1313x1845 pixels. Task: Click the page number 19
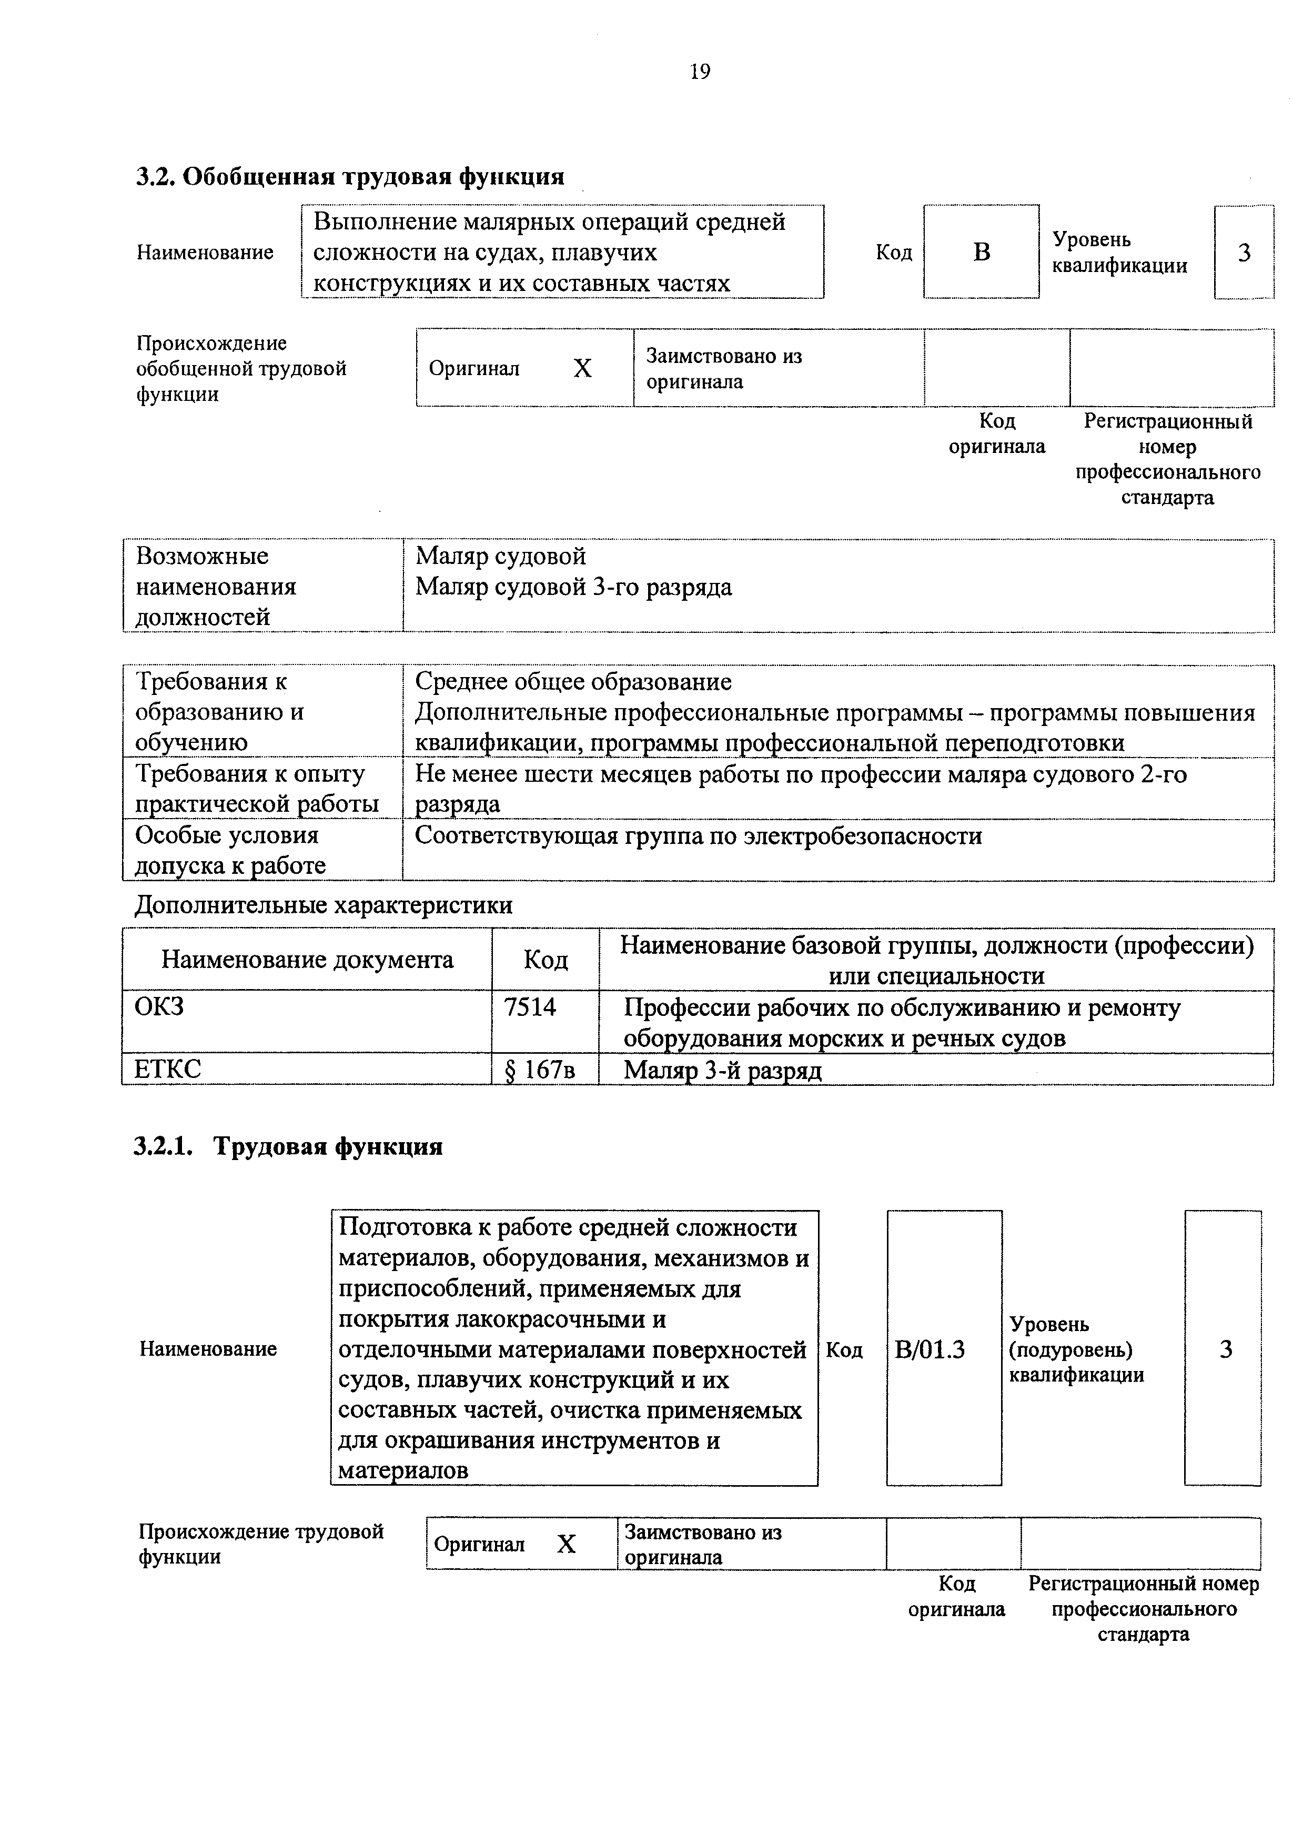[700, 73]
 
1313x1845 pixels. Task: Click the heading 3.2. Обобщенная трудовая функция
[349, 176]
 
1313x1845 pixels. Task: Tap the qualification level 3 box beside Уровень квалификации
[1244, 252]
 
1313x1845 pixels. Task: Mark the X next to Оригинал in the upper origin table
[582, 369]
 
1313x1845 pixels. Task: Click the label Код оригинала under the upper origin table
[996, 433]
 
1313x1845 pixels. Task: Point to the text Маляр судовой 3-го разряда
[573, 587]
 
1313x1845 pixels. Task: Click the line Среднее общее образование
[573, 682]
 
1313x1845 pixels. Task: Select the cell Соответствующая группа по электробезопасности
[699, 835]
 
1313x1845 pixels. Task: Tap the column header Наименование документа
[307, 960]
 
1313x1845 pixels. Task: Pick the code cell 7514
[530, 1007]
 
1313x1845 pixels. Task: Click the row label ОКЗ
[159, 1006]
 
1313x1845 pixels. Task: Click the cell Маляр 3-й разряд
[723, 1071]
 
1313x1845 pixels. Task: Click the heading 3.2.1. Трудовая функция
[288, 1146]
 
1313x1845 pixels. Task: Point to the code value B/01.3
[930, 1349]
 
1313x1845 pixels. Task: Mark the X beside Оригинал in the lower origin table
[567, 1544]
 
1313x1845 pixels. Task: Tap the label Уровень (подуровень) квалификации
[1076, 1349]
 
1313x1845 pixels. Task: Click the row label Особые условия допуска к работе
[229, 850]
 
